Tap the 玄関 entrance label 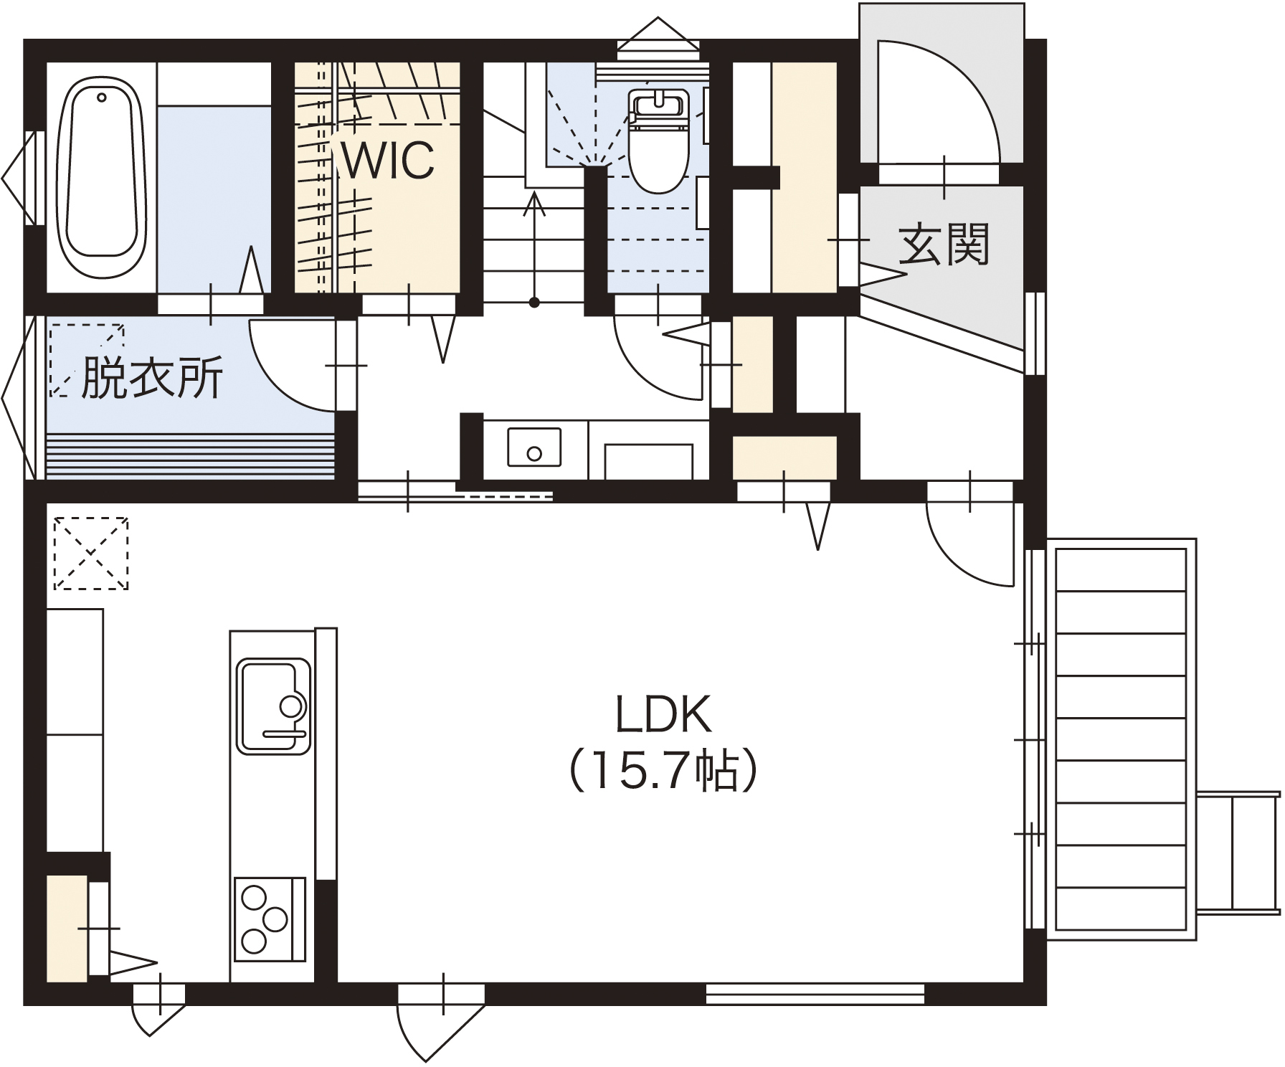coord(944,244)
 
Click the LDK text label coord(663,713)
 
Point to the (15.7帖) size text coord(663,770)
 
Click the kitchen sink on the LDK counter coord(273,706)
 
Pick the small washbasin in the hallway coord(534,447)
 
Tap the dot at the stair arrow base coord(534,302)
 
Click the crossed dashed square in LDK coord(91,553)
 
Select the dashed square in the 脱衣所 coord(87,360)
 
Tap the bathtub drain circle coord(102,97)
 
